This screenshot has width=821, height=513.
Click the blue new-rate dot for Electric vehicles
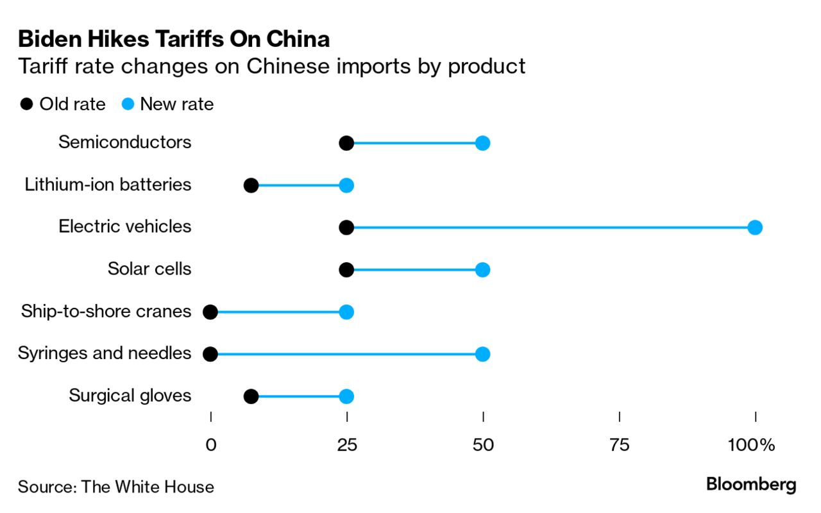755,227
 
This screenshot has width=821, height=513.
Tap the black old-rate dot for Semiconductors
346,143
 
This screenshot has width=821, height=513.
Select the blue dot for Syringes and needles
483,354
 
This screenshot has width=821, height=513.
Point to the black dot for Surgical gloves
251,396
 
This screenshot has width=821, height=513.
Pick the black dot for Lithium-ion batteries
251,185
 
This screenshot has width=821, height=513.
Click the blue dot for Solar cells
483,269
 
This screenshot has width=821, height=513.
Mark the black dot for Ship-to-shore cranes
210,312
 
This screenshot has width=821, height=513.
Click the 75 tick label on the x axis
620,445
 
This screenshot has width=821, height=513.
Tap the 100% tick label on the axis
751,445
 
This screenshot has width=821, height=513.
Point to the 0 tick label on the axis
210,445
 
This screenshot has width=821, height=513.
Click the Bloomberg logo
751,485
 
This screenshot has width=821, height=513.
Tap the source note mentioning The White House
116,487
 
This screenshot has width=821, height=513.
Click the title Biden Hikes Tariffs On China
174,40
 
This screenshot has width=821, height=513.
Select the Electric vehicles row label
125,226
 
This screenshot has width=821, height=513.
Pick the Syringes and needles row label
105,353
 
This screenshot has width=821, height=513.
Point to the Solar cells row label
149,268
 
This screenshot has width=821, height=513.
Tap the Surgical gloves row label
130,396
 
